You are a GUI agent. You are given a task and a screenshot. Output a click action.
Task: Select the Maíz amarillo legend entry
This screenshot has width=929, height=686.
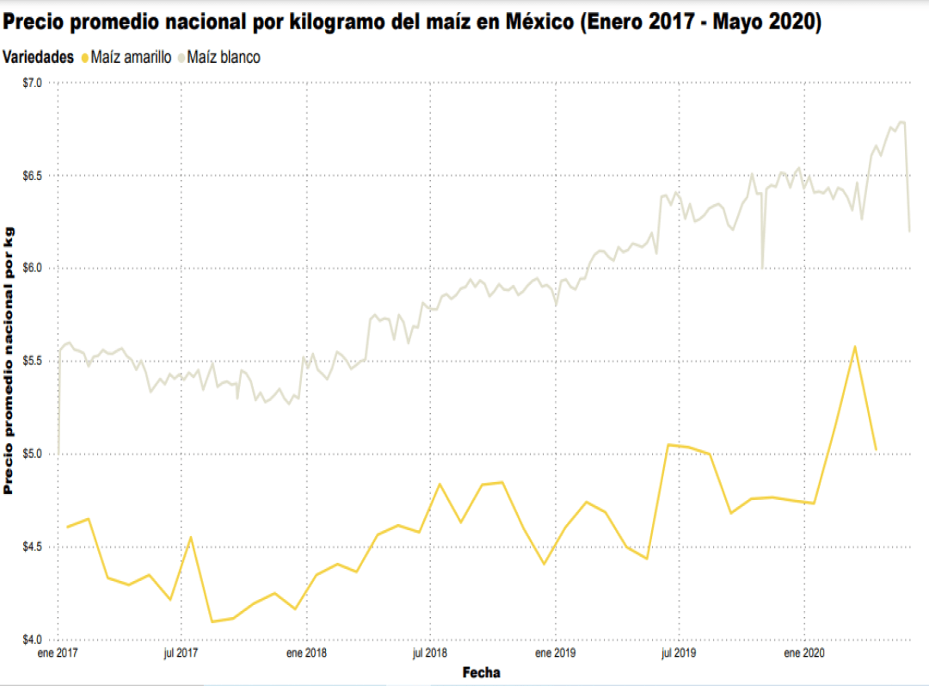tap(131, 58)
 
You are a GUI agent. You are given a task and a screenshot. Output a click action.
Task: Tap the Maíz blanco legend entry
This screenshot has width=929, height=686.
tap(223, 58)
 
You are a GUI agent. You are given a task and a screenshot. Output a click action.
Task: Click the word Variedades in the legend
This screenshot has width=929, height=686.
tap(39, 58)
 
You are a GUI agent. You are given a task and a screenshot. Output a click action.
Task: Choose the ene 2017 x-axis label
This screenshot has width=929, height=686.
tap(58, 654)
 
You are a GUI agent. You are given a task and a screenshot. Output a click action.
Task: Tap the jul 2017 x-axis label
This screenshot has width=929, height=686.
tap(181, 654)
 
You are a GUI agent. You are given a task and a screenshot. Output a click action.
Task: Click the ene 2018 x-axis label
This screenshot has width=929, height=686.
tap(306, 654)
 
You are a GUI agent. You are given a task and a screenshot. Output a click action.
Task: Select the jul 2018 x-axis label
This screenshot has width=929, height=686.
tap(430, 654)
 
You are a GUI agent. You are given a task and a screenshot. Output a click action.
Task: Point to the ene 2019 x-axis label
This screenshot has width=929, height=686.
tap(555, 654)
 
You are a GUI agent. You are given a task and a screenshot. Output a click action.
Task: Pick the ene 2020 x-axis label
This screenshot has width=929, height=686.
tap(803, 654)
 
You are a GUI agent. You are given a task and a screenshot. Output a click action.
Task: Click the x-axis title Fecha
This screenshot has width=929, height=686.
tap(481, 672)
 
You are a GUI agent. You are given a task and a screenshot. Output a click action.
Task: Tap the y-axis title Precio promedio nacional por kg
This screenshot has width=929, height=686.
tap(9, 361)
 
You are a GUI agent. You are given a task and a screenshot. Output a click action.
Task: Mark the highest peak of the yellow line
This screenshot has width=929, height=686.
tap(855, 347)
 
